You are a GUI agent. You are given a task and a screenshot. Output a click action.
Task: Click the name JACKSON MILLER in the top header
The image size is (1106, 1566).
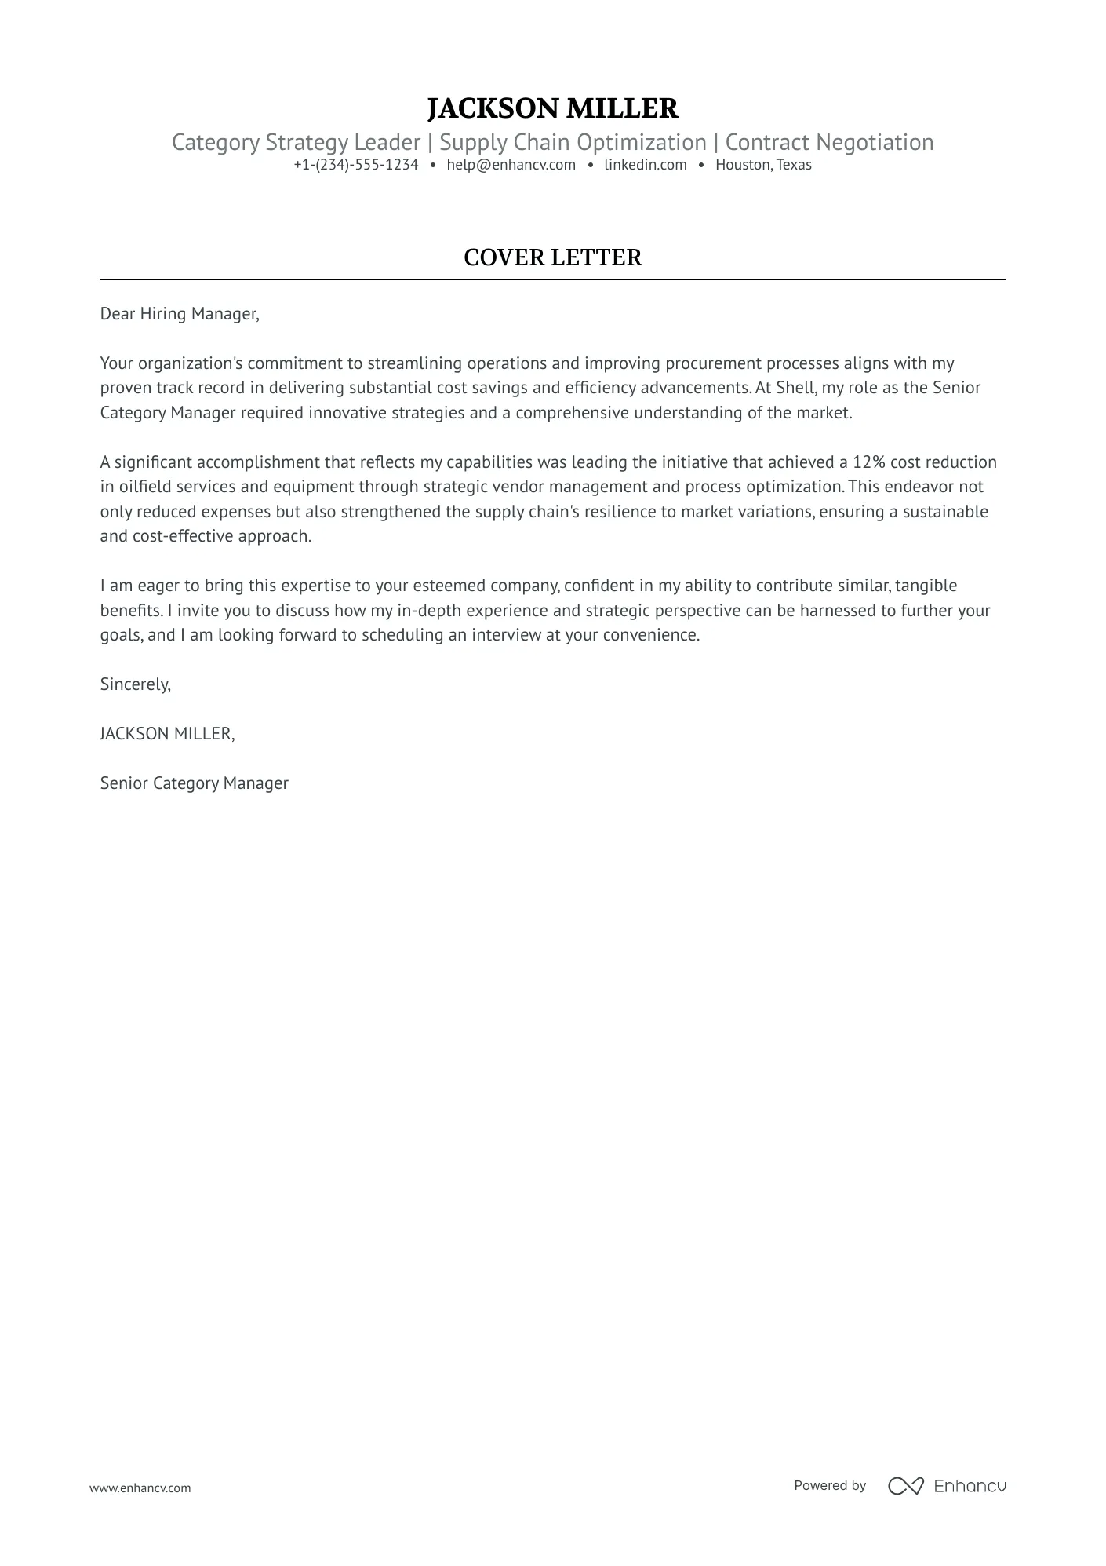pyautogui.click(x=552, y=108)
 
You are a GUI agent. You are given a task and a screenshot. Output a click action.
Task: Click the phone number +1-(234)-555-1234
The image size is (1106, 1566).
pyautogui.click(x=356, y=165)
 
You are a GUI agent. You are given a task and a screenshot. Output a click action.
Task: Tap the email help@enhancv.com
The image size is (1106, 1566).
pyautogui.click(x=511, y=165)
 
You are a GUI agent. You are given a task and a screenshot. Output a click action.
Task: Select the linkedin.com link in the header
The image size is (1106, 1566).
pyautogui.click(x=645, y=165)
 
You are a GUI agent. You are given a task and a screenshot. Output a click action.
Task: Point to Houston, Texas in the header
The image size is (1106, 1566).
pyautogui.click(x=762, y=165)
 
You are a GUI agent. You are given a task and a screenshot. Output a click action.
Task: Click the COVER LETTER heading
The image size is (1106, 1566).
pyautogui.click(x=552, y=257)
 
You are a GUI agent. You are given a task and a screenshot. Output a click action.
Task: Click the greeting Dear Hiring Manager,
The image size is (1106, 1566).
pyautogui.click(x=180, y=314)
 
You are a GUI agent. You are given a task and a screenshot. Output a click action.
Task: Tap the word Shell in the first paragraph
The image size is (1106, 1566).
pyautogui.click(x=795, y=388)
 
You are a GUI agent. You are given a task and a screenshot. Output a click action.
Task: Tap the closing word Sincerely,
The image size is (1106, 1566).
pyautogui.click(x=136, y=684)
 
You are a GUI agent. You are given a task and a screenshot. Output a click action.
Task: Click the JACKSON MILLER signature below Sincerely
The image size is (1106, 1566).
pyautogui.click(x=167, y=734)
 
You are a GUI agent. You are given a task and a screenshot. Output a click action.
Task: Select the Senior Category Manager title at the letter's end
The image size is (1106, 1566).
pyautogui.click(x=195, y=783)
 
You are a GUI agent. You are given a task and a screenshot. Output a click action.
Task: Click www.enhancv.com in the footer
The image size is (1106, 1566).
pyautogui.click(x=140, y=1488)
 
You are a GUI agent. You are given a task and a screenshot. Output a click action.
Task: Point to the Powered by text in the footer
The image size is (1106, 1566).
pyautogui.click(x=830, y=1485)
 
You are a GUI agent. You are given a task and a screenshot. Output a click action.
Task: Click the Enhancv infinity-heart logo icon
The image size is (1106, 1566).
pyautogui.click(x=905, y=1485)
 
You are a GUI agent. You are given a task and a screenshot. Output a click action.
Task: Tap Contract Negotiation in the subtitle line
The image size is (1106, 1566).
pyautogui.click(x=829, y=143)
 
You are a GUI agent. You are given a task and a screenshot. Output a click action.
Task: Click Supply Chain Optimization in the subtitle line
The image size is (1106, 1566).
pyautogui.click(x=573, y=143)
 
